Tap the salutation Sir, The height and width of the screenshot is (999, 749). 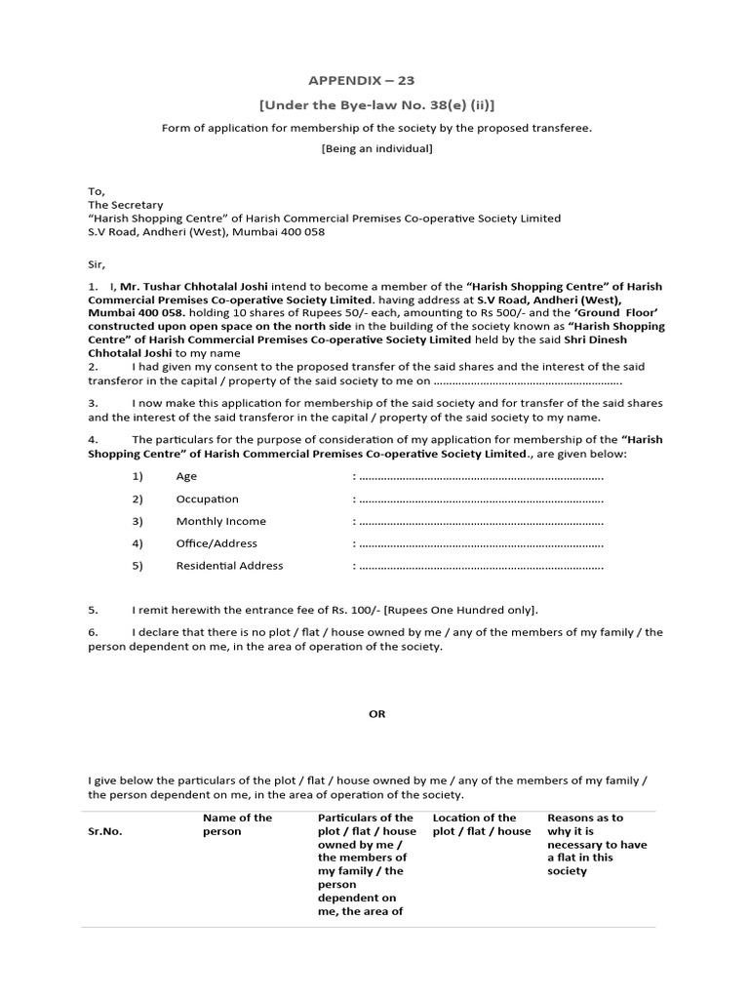[x=97, y=264]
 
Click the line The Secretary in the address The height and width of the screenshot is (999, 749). [x=126, y=205]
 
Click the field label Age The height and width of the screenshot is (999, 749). [x=186, y=476]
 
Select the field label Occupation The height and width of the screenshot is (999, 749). [x=207, y=499]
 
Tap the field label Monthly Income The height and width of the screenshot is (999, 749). [x=220, y=521]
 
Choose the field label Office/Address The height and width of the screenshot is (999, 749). [x=217, y=543]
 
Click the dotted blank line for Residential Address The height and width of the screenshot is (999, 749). [x=481, y=567]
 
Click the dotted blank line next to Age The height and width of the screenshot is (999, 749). [x=481, y=477]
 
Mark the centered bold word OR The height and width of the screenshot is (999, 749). [x=376, y=714]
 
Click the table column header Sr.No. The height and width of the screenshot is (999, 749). [x=104, y=831]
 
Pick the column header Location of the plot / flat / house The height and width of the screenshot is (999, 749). [x=482, y=824]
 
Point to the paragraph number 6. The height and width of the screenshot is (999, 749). [x=94, y=632]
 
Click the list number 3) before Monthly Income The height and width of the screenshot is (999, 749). [x=138, y=521]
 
